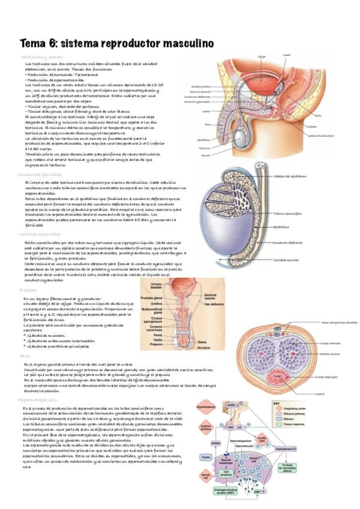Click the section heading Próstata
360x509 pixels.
click(x=28, y=291)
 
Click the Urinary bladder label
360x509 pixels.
click(x=158, y=285)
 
